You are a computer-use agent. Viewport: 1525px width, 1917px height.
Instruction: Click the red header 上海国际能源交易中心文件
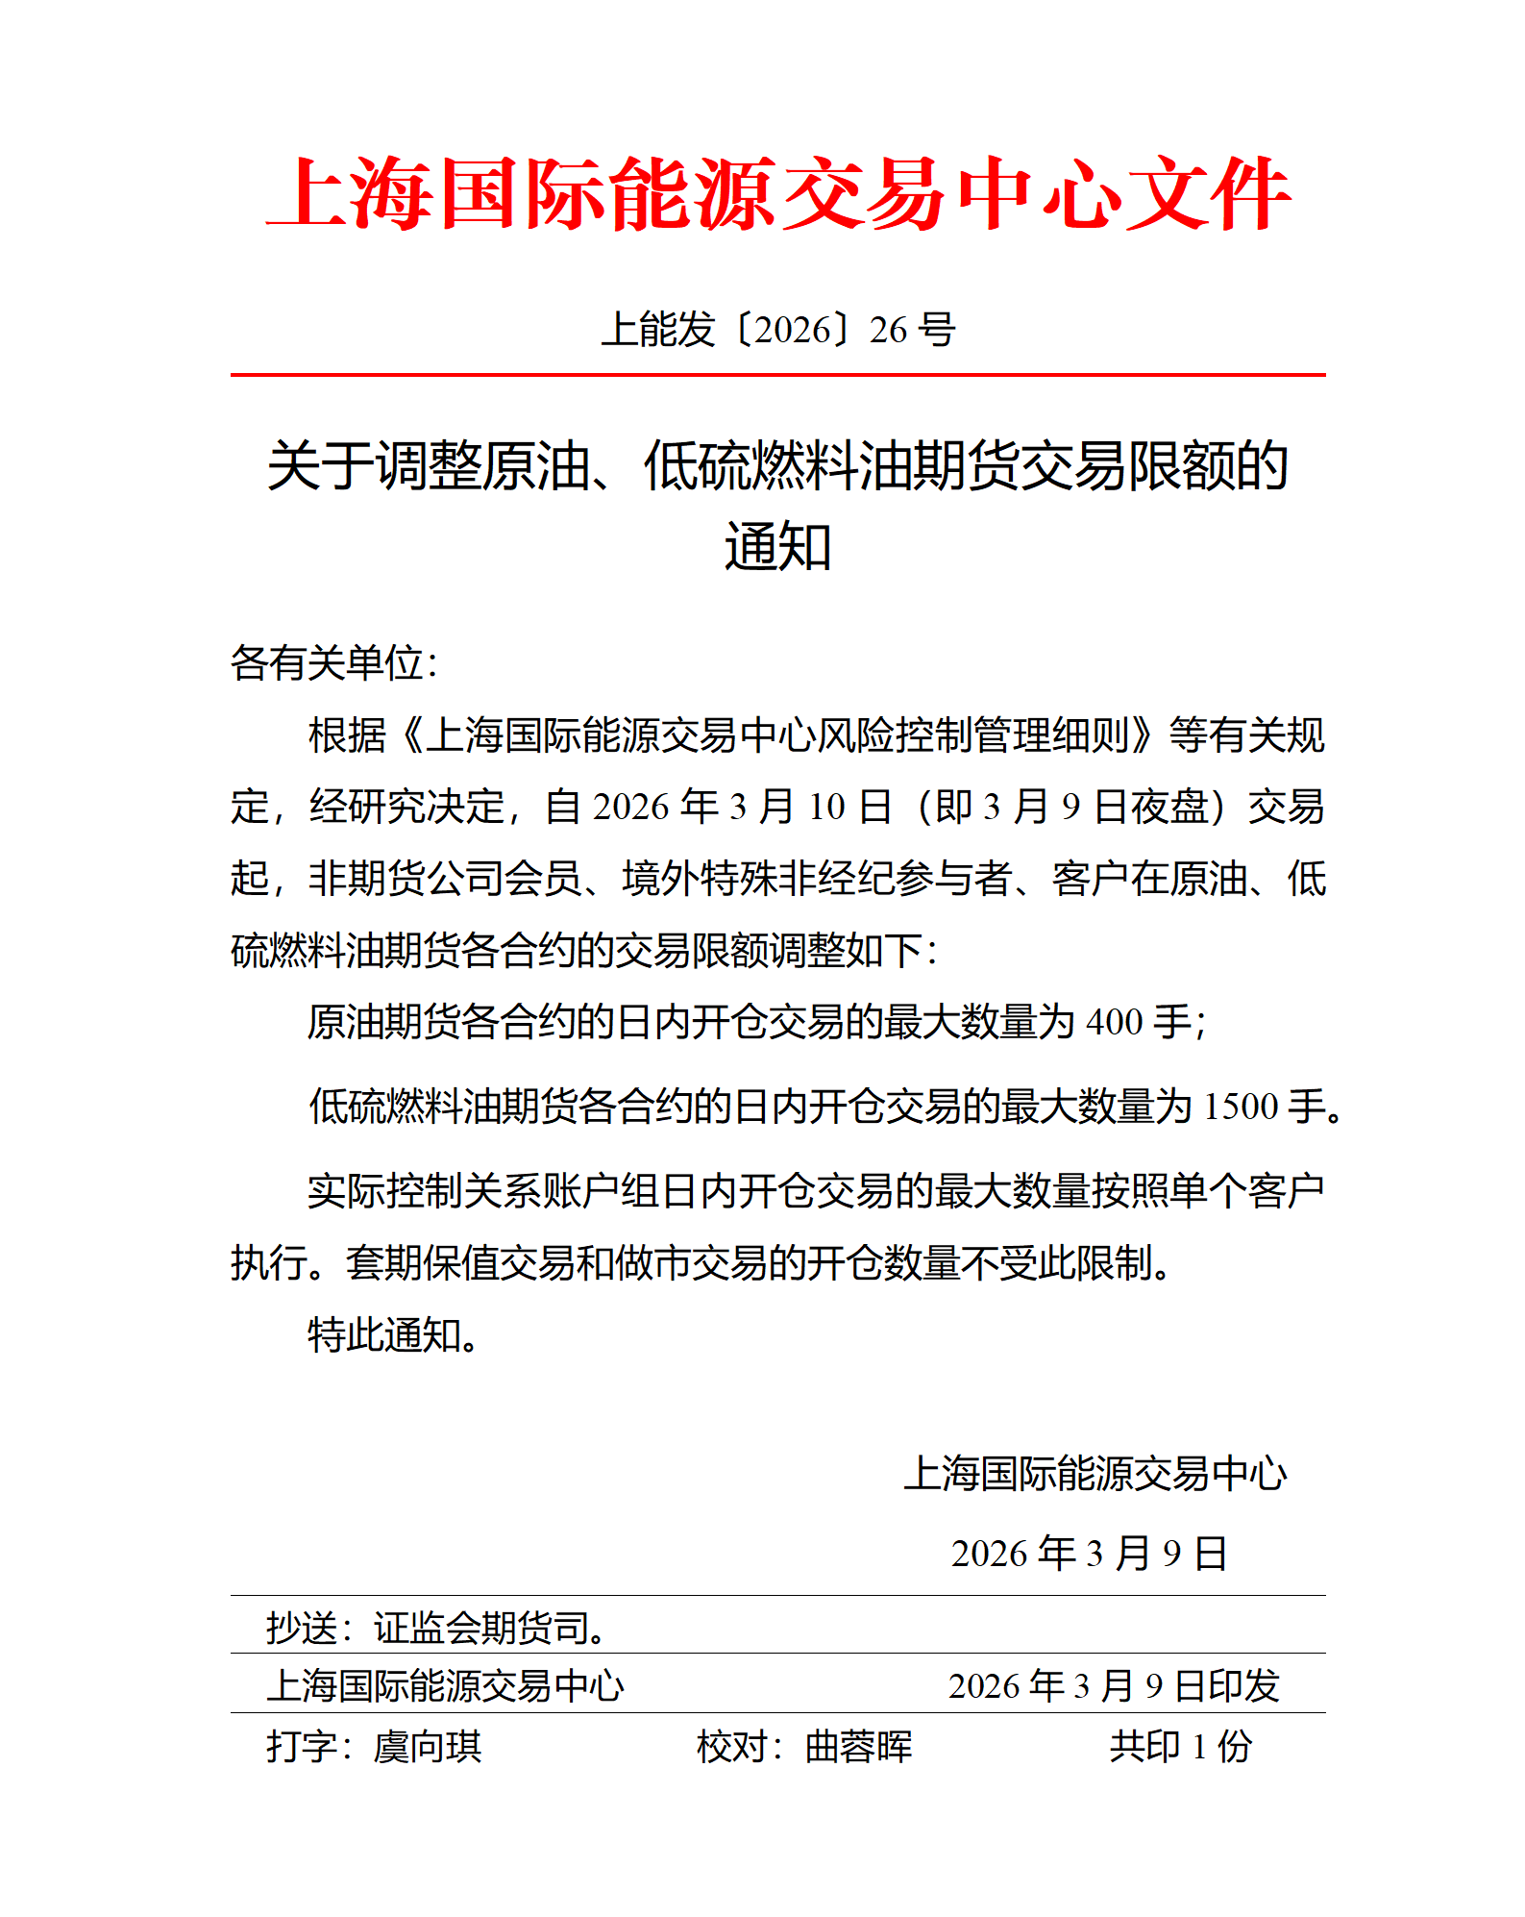777,195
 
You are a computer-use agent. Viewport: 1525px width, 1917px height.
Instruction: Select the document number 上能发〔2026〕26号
777,330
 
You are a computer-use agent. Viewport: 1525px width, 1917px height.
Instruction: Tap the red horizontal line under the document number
777,375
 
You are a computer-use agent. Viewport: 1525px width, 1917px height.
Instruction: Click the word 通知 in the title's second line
777,547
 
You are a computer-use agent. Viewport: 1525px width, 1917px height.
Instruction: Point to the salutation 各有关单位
327,663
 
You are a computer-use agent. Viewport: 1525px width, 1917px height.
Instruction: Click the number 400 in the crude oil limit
1114,1023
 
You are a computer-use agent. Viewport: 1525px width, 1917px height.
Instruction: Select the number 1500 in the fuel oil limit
1241,1108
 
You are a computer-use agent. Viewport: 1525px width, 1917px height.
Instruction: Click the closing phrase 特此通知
384,1335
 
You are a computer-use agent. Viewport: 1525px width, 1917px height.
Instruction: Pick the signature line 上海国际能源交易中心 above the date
1095,1474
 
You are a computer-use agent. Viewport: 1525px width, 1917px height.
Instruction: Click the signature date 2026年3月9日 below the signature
1089,1554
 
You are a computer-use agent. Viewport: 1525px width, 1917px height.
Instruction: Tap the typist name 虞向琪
428,1747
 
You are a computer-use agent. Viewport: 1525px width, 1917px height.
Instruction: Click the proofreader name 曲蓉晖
858,1747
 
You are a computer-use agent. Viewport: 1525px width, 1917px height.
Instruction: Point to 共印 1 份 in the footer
1181,1747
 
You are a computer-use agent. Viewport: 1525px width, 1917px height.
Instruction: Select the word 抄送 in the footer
301,1629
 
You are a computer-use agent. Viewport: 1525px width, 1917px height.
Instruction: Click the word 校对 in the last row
731,1747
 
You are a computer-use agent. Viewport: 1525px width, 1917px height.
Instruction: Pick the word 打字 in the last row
301,1747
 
